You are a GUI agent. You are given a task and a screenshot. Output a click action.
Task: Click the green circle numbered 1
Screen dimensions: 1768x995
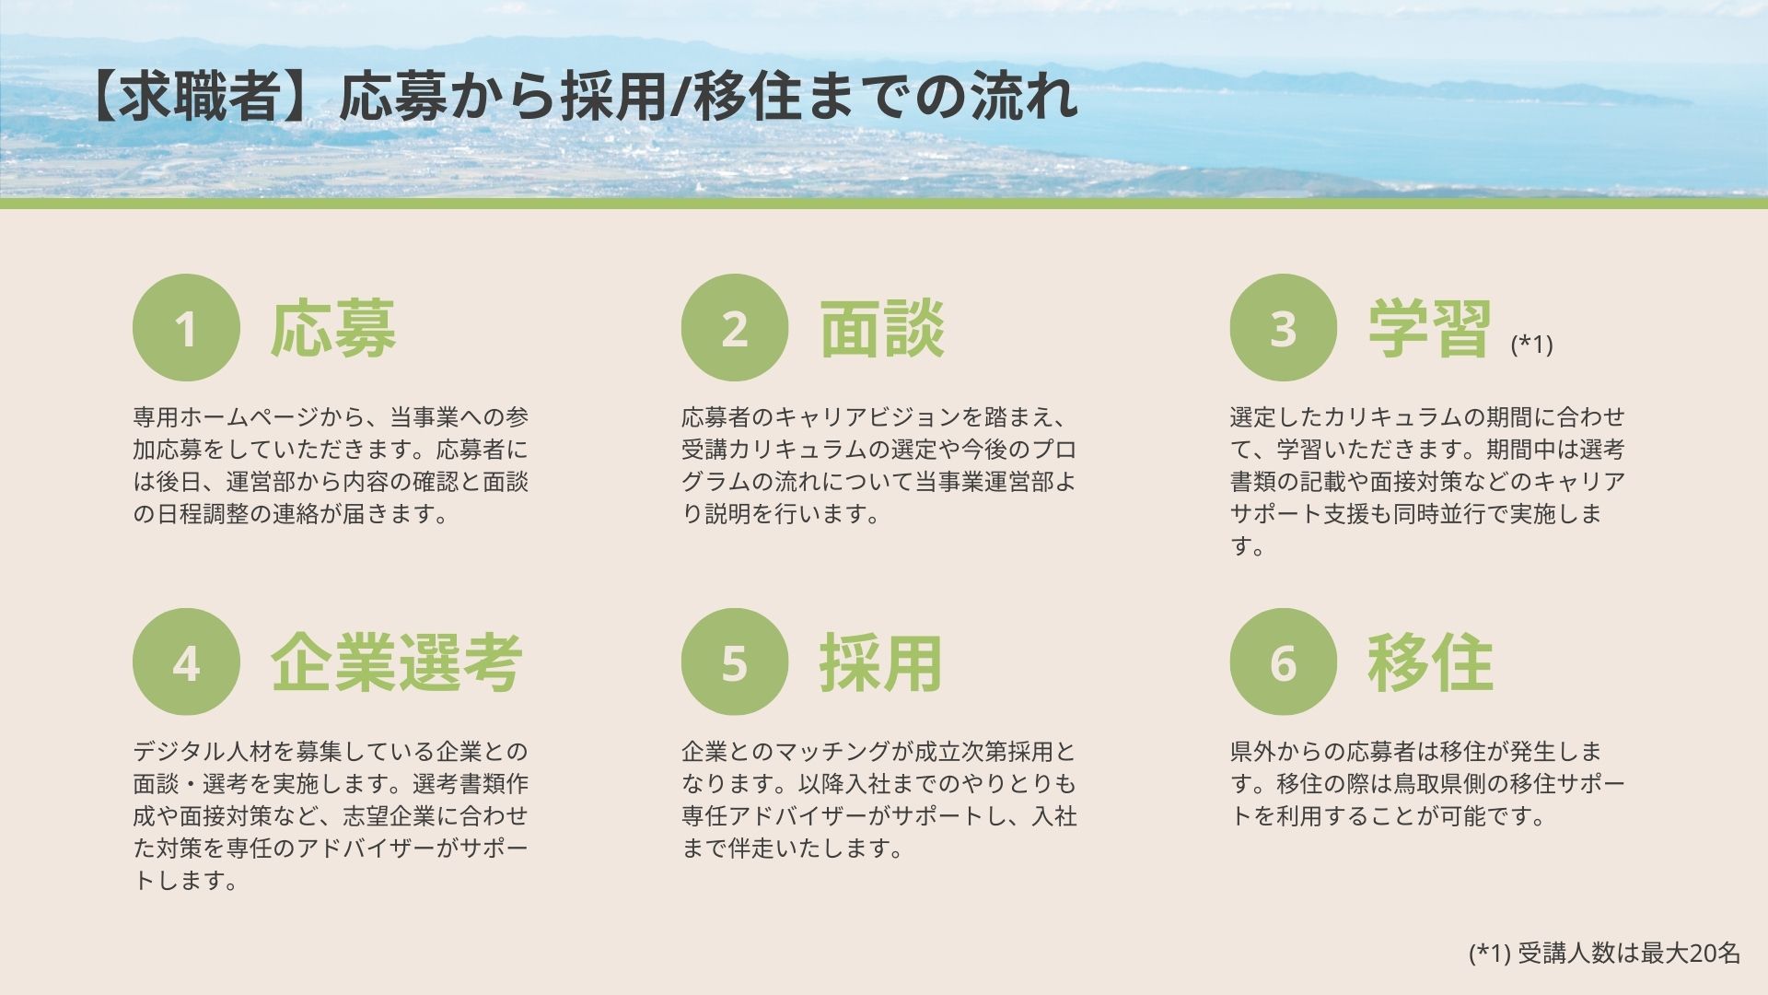click(x=186, y=328)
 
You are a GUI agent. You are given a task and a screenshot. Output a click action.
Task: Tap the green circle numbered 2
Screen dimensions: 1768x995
click(x=735, y=328)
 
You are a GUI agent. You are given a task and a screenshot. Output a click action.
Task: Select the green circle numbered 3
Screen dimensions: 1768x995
click(x=1284, y=328)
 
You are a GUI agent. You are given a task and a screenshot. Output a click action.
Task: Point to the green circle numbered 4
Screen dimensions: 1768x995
click(x=186, y=661)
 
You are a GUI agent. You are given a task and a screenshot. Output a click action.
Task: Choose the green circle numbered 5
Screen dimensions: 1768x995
click(x=735, y=661)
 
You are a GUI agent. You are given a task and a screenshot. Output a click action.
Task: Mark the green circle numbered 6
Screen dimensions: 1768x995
click(x=1284, y=661)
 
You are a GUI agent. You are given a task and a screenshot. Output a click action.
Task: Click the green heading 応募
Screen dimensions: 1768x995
click(x=333, y=328)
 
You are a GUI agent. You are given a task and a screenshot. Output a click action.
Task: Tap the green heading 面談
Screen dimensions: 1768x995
click(x=882, y=328)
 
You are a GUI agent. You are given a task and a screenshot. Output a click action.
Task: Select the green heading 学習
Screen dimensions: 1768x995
click(x=1430, y=328)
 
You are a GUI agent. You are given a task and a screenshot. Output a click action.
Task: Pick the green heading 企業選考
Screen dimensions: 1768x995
click(x=397, y=662)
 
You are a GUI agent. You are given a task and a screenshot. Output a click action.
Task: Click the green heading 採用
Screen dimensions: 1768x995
click(x=882, y=662)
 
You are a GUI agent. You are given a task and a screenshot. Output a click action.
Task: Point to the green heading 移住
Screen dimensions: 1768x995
click(x=1430, y=662)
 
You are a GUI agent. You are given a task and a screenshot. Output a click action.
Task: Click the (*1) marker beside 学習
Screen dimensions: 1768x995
click(x=1531, y=344)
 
